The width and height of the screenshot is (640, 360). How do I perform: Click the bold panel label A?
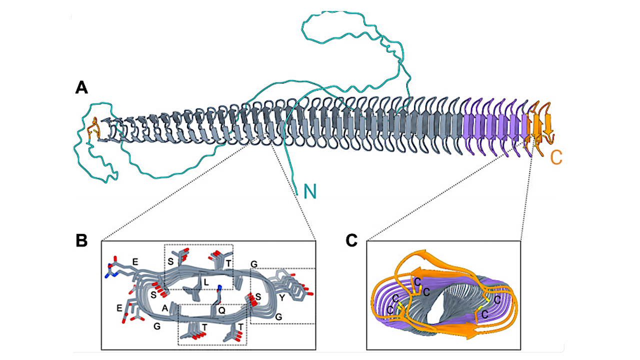[x=81, y=88]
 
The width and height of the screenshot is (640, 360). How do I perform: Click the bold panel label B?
[x=81, y=240]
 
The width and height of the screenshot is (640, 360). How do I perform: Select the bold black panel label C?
[x=352, y=240]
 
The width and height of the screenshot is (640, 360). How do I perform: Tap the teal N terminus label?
[x=310, y=190]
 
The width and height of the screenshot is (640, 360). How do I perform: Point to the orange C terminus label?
[x=556, y=157]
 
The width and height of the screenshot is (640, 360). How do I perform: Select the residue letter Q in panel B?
[x=221, y=310]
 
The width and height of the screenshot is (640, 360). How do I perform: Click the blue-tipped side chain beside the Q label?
[x=219, y=289]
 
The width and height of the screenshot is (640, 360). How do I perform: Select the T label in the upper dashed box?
[x=228, y=262]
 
